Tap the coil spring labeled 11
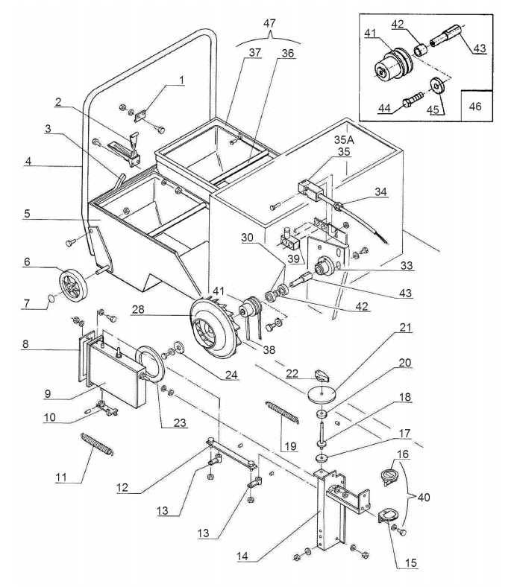[97, 444]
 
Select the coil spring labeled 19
[282, 412]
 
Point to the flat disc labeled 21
[322, 395]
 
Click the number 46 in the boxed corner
[475, 107]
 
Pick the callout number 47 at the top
[269, 23]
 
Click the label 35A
[344, 139]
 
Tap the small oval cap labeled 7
[51, 299]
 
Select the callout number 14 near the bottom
[242, 556]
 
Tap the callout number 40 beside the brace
[424, 497]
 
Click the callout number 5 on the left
[27, 214]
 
